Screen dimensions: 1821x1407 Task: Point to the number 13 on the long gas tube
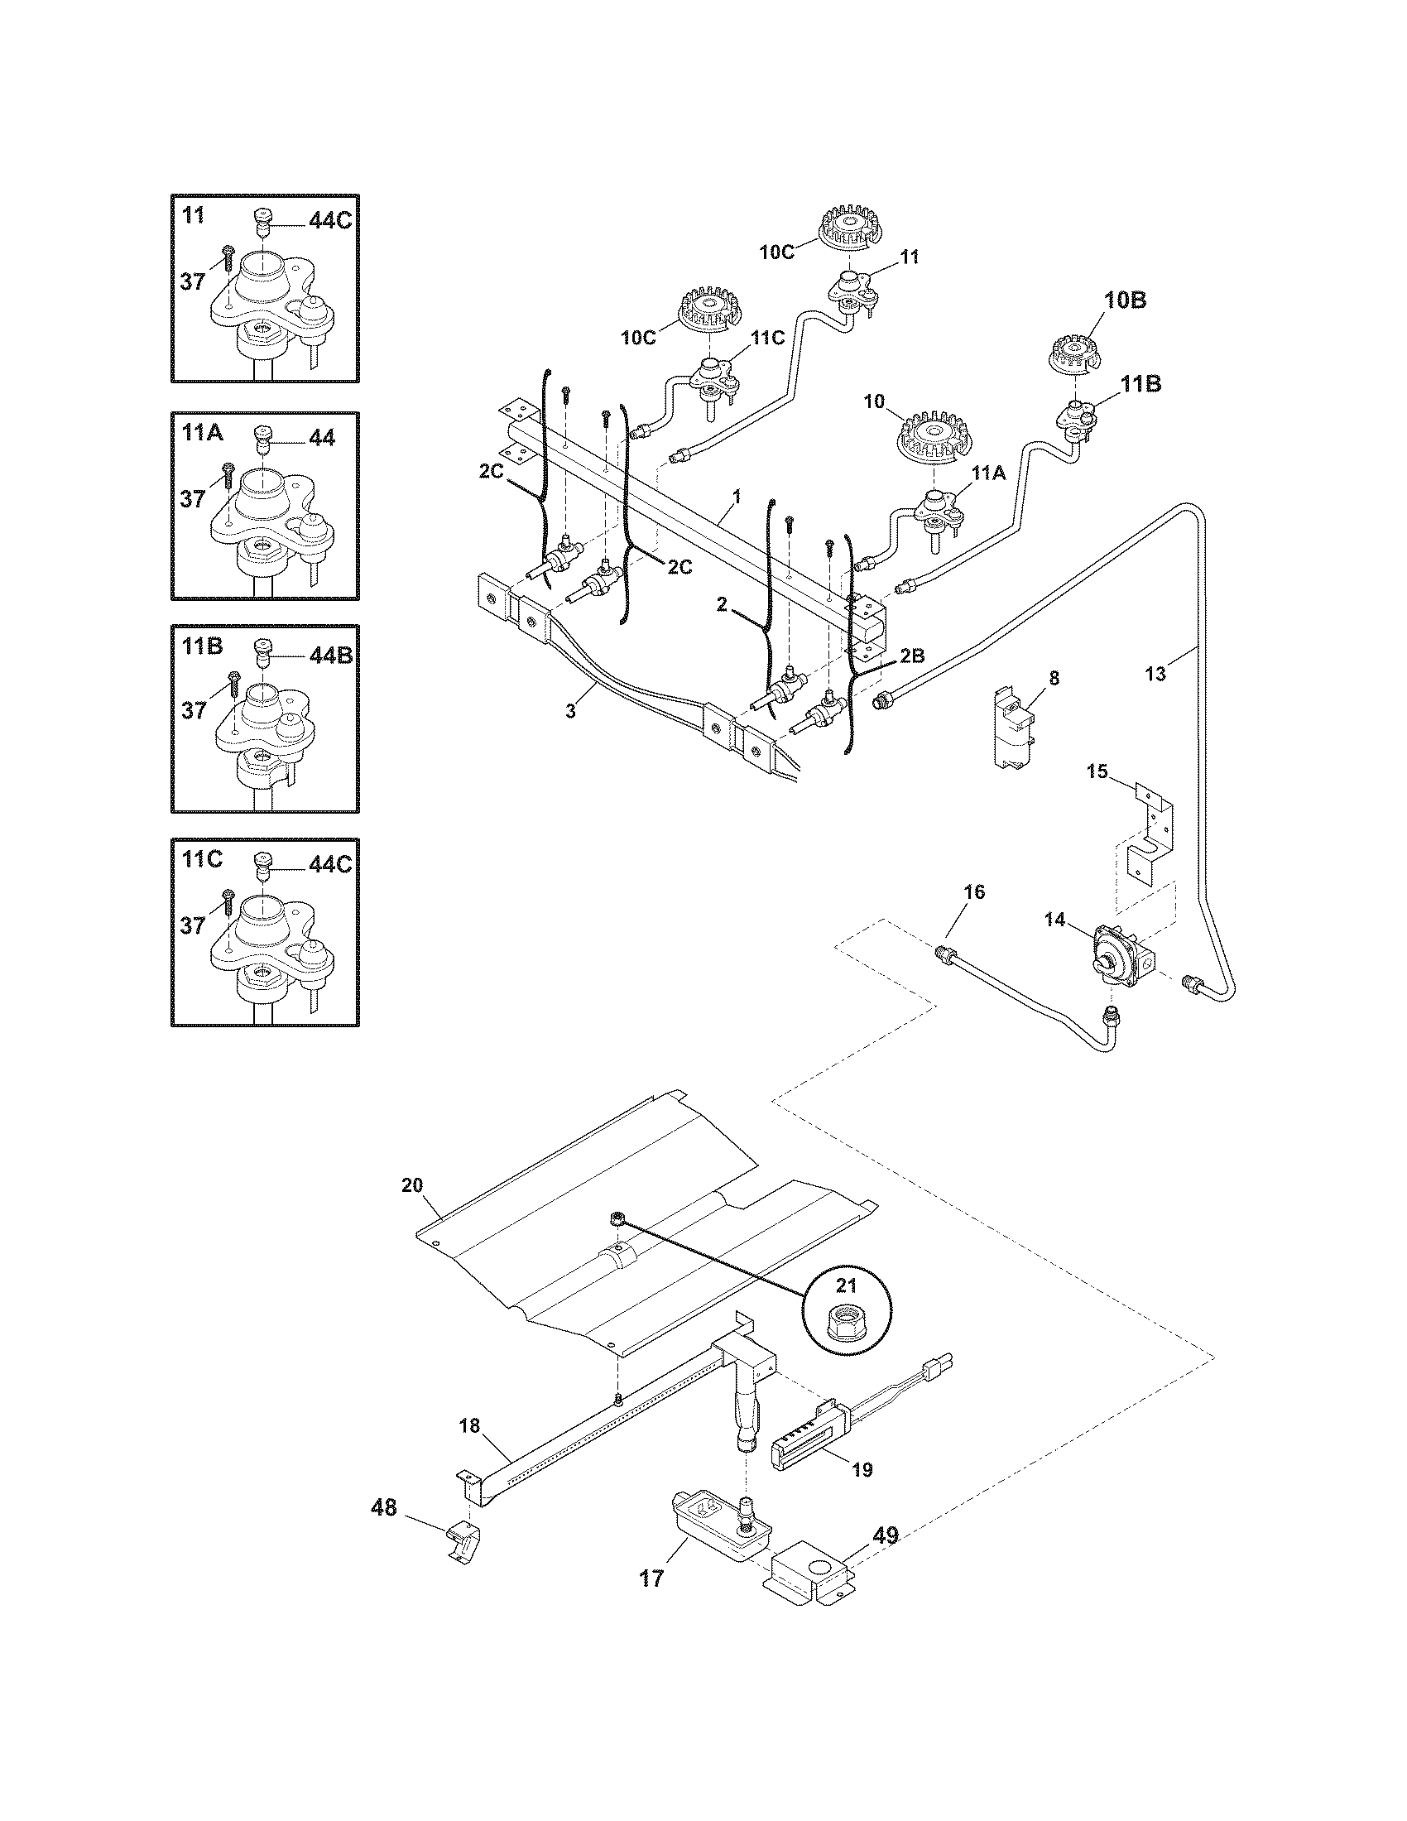[1156, 674]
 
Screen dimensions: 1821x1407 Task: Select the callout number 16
[974, 892]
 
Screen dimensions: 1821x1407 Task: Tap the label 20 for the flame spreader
[413, 1184]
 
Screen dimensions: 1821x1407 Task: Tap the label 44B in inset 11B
[331, 656]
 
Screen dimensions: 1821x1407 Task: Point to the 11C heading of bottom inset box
[202, 859]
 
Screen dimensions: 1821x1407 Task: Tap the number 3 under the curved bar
[570, 710]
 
